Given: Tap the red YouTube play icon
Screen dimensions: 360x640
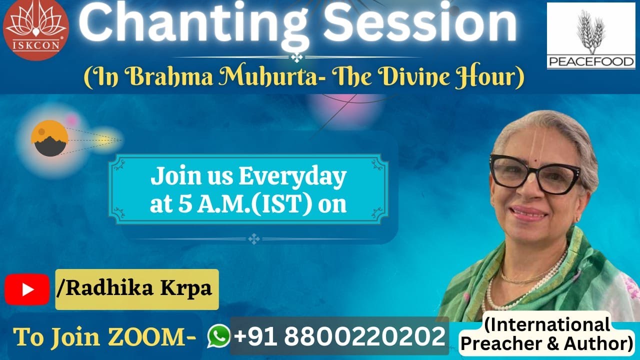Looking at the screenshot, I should pyautogui.click(x=27, y=289).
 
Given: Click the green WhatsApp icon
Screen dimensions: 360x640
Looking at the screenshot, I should pyautogui.click(x=218, y=336).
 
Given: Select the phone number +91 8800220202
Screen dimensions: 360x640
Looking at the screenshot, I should pyautogui.click(x=339, y=336).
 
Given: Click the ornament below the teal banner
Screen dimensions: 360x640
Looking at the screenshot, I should pyautogui.click(x=254, y=239).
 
